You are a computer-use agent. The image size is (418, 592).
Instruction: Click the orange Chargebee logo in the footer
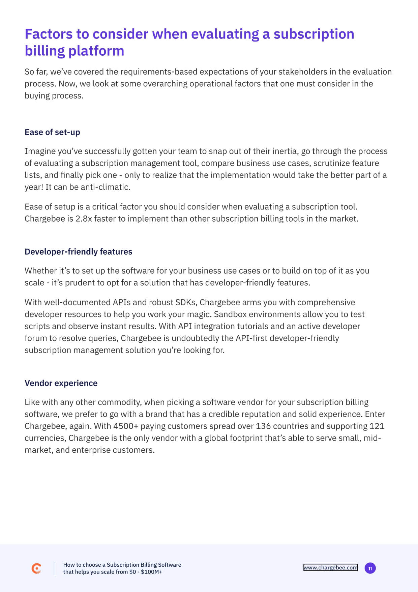click(x=36, y=568)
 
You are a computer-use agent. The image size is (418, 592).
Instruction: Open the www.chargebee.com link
click(x=330, y=567)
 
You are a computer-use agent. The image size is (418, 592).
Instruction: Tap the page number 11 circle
click(x=370, y=568)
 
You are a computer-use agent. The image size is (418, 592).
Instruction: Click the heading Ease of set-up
click(x=52, y=132)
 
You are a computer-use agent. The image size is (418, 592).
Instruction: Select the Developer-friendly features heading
click(x=78, y=252)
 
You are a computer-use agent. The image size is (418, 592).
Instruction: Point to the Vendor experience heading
click(x=61, y=383)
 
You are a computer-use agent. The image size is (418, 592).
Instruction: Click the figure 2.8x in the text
click(x=84, y=219)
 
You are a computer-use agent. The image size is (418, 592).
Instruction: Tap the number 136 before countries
click(x=263, y=426)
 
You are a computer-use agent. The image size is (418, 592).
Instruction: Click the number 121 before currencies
click(x=377, y=426)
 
